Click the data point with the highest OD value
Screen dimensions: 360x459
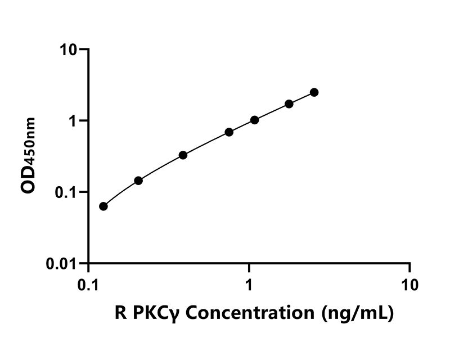[x=314, y=92]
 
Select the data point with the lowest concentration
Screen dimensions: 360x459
[x=103, y=206]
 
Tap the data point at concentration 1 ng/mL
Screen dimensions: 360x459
[x=254, y=120]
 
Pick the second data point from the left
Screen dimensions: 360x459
[x=138, y=181]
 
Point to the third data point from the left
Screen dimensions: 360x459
[x=183, y=155]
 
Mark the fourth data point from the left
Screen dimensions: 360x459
[x=229, y=132]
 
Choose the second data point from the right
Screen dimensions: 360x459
[x=289, y=104]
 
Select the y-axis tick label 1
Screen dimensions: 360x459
[x=75, y=121]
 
